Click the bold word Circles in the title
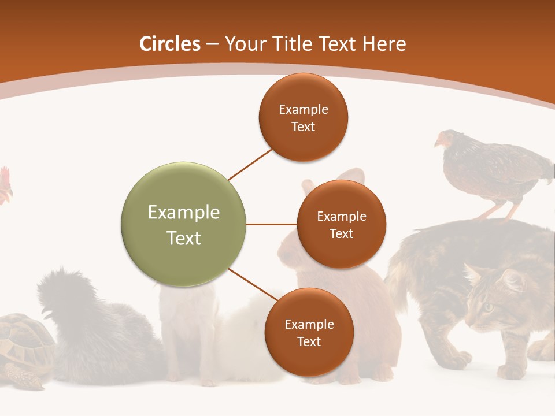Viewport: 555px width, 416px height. click(170, 44)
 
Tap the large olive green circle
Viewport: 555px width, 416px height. click(183, 224)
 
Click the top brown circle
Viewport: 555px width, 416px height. click(303, 117)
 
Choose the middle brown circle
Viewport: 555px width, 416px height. click(341, 224)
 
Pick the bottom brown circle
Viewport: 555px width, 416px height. click(309, 332)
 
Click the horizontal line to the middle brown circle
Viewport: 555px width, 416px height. click(271, 224)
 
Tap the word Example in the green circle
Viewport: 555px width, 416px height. click(183, 213)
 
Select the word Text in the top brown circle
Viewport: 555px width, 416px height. click(303, 127)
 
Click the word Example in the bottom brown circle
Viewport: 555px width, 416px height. click(309, 324)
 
